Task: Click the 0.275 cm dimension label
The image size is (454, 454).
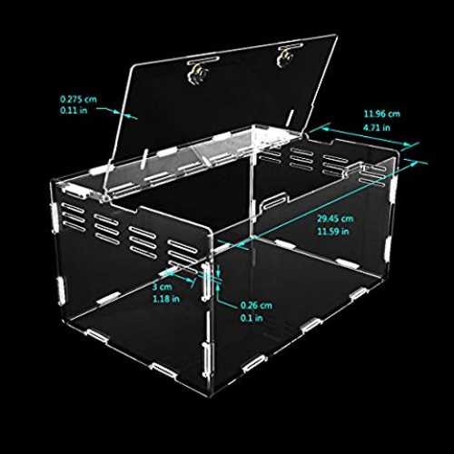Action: coord(78,99)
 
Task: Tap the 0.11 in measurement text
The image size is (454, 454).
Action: coord(74,110)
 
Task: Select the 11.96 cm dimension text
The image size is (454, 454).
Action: coord(381,114)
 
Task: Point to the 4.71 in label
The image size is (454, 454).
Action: coord(377,127)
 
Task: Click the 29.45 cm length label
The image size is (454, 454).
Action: coord(335,219)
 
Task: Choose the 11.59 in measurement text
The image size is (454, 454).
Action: coord(333,232)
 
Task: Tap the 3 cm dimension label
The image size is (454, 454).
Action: coord(162,287)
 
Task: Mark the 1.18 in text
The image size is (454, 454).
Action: coord(166,300)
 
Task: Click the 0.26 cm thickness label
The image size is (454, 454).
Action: coord(256,305)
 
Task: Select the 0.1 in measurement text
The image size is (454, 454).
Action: coord(252,318)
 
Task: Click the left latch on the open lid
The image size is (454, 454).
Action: coord(198,70)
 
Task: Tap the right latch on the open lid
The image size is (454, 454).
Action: coord(287,54)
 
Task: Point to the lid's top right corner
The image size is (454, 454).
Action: coord(337,35)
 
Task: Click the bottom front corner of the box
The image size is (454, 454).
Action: coord(210,395)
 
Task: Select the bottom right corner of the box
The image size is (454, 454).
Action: coord(384,280)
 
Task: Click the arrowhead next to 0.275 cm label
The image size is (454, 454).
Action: coord(117,112)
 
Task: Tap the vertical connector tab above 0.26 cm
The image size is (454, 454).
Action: coord(206,282)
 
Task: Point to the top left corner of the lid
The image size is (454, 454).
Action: coord(133,65)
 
